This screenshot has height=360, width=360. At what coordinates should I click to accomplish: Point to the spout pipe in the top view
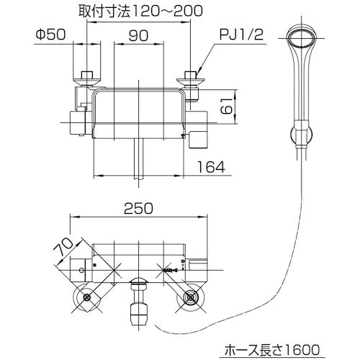coord(140,158)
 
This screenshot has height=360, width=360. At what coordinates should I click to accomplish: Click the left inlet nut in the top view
coord(89,77)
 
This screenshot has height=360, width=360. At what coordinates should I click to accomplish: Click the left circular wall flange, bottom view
coord(87,297)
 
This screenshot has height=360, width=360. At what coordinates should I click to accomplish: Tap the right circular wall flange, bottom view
coord(192,297)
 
